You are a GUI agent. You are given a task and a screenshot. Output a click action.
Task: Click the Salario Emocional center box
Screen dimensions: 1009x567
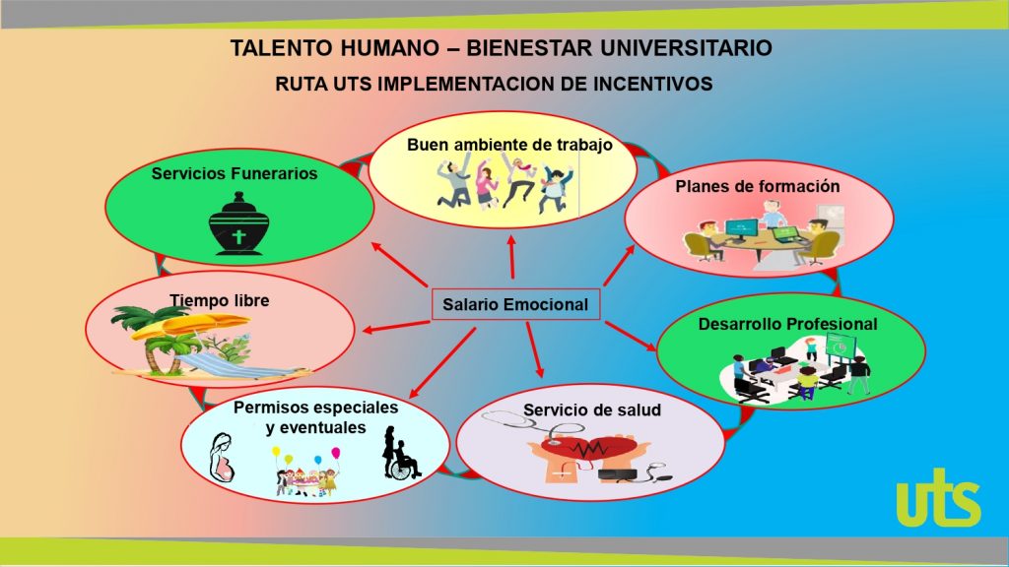516,304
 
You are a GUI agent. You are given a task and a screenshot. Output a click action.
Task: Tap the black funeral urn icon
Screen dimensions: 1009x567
238,224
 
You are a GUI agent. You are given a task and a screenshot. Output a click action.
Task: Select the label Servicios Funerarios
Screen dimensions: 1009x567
235,173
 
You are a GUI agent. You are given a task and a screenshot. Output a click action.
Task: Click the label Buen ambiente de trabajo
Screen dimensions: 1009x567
509,145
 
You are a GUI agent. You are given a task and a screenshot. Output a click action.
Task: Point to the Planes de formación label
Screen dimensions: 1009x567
758,186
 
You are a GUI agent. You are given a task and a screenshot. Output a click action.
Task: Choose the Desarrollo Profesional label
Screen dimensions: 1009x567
787,324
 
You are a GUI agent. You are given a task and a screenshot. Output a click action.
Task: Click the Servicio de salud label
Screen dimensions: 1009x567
592,410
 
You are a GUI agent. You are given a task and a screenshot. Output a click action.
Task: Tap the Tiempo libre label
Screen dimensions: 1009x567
220,300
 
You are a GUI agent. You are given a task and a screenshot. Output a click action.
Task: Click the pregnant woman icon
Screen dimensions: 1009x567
223,459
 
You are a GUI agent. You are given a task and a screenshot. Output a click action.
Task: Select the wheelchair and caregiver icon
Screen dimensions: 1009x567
400,453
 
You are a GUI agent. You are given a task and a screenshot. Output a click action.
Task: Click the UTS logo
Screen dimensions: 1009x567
938,497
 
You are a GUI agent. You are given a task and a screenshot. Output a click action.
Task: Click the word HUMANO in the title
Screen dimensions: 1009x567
387,48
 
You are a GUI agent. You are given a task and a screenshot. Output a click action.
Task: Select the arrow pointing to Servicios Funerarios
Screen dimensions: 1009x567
400,264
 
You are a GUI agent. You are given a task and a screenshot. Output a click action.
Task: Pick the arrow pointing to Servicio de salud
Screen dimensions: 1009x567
535,349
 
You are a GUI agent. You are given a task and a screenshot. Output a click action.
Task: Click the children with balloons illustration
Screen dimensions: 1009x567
308,472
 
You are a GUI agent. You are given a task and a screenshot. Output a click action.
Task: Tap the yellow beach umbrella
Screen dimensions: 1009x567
182,325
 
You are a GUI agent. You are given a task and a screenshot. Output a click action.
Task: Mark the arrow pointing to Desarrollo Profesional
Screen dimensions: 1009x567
631,337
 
